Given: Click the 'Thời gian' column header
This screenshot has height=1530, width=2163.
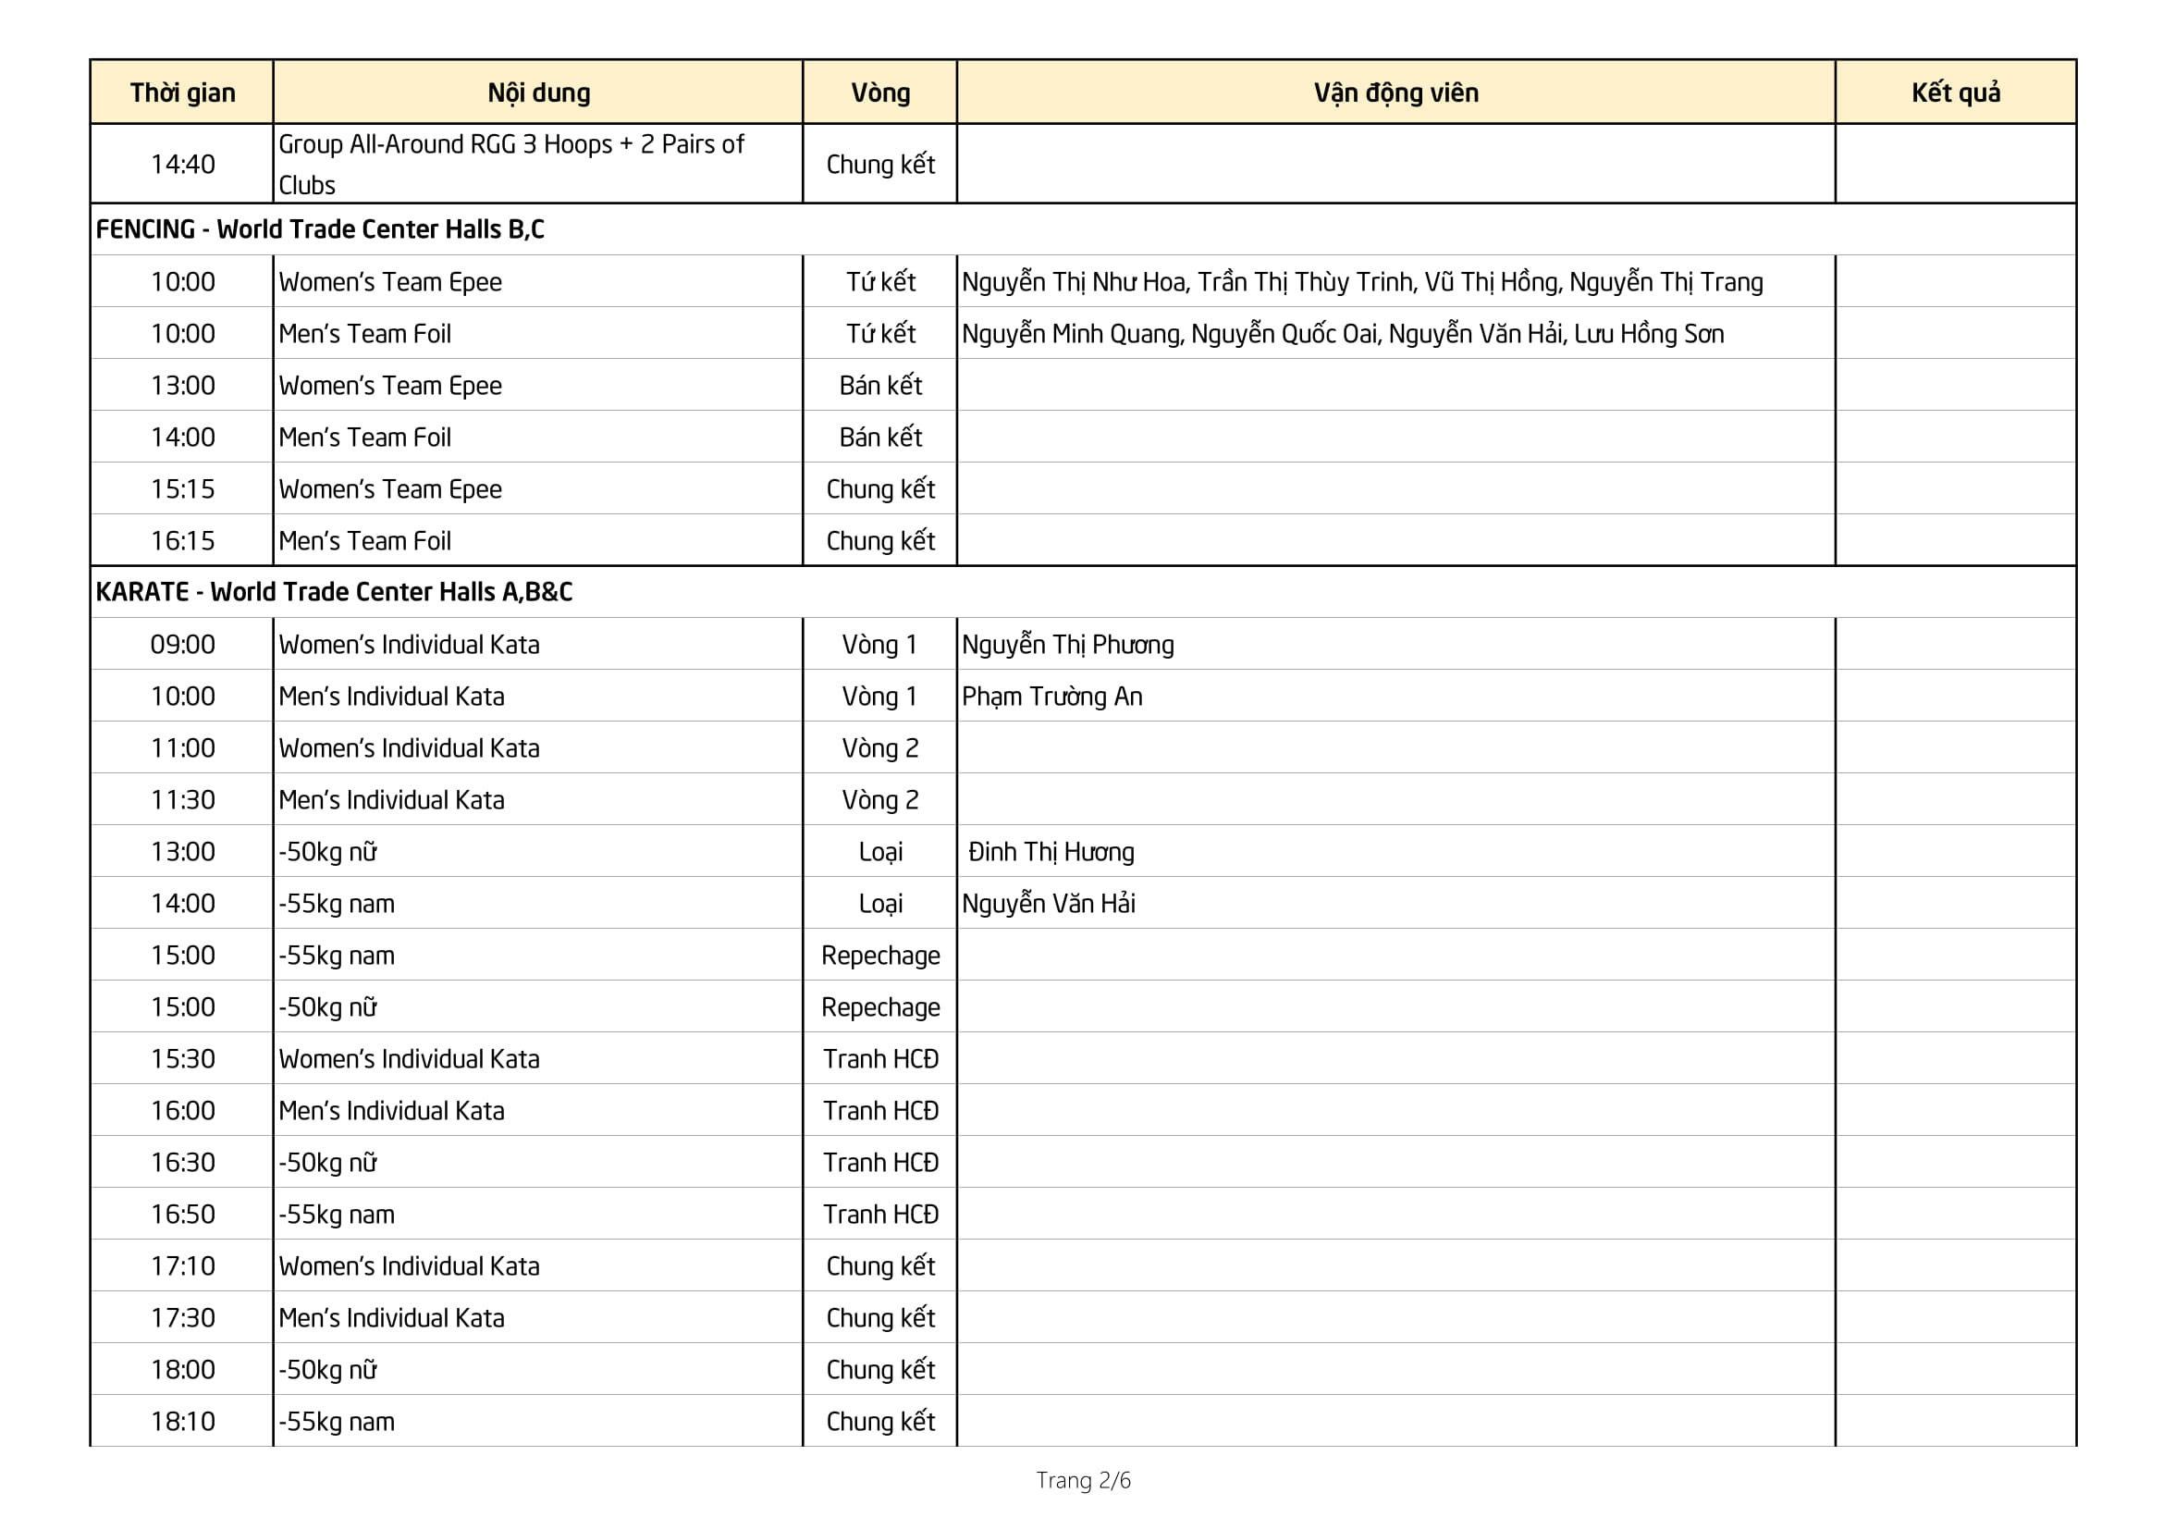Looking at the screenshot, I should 183,93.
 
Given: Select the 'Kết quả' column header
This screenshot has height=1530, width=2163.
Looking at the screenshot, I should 1955,93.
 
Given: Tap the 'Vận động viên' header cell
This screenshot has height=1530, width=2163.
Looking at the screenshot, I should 1395,93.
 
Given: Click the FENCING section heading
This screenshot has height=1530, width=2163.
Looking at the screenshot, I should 319,228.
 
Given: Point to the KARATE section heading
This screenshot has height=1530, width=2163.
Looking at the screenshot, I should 334,592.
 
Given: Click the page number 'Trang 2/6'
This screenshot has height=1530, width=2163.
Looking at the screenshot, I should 1083,1480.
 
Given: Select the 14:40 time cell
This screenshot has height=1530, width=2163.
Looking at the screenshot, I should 183,164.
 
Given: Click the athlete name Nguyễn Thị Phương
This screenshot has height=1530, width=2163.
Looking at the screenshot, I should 1067,645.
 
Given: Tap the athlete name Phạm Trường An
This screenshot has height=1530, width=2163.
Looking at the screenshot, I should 1051,697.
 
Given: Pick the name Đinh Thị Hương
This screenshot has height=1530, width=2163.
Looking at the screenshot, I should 1051,852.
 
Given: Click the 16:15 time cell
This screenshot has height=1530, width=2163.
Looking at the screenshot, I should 183,541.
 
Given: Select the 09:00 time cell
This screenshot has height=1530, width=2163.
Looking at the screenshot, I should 183,645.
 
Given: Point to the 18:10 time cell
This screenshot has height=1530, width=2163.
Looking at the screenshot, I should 183,1421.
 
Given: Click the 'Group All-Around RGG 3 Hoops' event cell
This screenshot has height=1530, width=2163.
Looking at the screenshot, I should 510,164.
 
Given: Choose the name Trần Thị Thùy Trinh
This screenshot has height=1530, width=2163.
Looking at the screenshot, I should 1305,282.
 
